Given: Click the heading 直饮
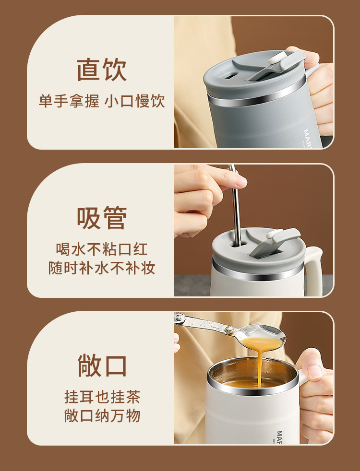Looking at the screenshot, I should [102, 70].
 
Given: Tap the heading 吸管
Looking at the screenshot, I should [102, 218].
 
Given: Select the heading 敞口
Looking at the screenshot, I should [102, 365].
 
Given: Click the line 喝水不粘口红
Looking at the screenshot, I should [102, 249].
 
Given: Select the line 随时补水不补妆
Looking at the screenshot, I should [102, 268].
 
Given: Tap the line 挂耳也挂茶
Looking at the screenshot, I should [102, 397].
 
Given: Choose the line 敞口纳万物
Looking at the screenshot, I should [102, 415].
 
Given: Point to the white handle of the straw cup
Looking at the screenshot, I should [315, 269].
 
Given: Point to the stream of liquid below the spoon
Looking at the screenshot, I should [260, 367].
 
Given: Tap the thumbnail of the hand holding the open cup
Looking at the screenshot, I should [315, 371].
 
